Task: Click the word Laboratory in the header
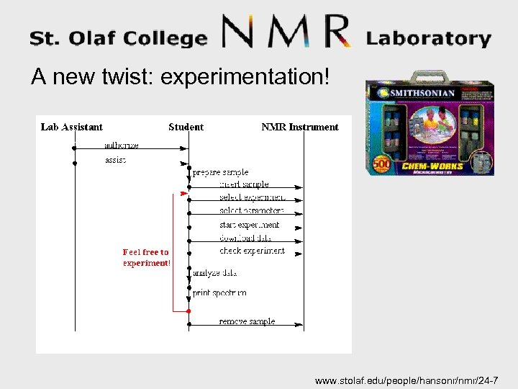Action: [x=429, y=38]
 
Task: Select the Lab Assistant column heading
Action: [x=72, y=128]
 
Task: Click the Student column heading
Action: [x=186, y=128]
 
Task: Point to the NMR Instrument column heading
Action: [x=299, y=128]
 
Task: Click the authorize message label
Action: [x=121, y=145]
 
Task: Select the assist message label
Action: [x=115, y=160]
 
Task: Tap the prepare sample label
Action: [x=220, y=173]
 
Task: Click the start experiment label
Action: [x=249, y=225]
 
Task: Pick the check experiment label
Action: [x=252, y=251]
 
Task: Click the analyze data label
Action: [x=214, y=273]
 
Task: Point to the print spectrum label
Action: [x=219, y=293]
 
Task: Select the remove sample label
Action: [x=247, y=321]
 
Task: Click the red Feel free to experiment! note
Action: [x=146, y=257]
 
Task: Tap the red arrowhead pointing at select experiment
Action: [x=183, y=194]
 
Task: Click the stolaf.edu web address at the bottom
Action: [x=412, y=380]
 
